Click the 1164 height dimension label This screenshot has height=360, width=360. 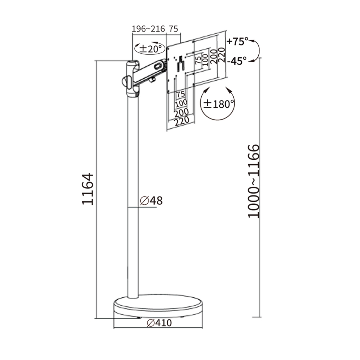tap(88, 189)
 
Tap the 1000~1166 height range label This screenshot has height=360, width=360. tap(253, 181)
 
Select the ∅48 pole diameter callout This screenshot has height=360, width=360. tap(151, 200)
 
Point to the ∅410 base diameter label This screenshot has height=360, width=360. tap(159, 323)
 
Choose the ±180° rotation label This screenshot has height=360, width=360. tap(218, 104)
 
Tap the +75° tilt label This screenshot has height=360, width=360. tap(237, 42)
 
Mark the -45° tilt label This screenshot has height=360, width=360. tap(237, 61)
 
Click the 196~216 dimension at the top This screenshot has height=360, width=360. tap(148, 29)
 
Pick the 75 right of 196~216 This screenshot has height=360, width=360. tap(173, 29)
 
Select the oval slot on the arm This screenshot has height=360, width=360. tap(158, 66)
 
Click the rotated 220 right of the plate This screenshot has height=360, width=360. tap(222, 55)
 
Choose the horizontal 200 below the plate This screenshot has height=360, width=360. tap(181, 113)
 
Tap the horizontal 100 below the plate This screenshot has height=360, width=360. tap(181, 104)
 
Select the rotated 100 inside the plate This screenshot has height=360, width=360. tap(205, 60)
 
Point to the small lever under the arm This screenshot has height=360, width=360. tap(152, 79)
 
